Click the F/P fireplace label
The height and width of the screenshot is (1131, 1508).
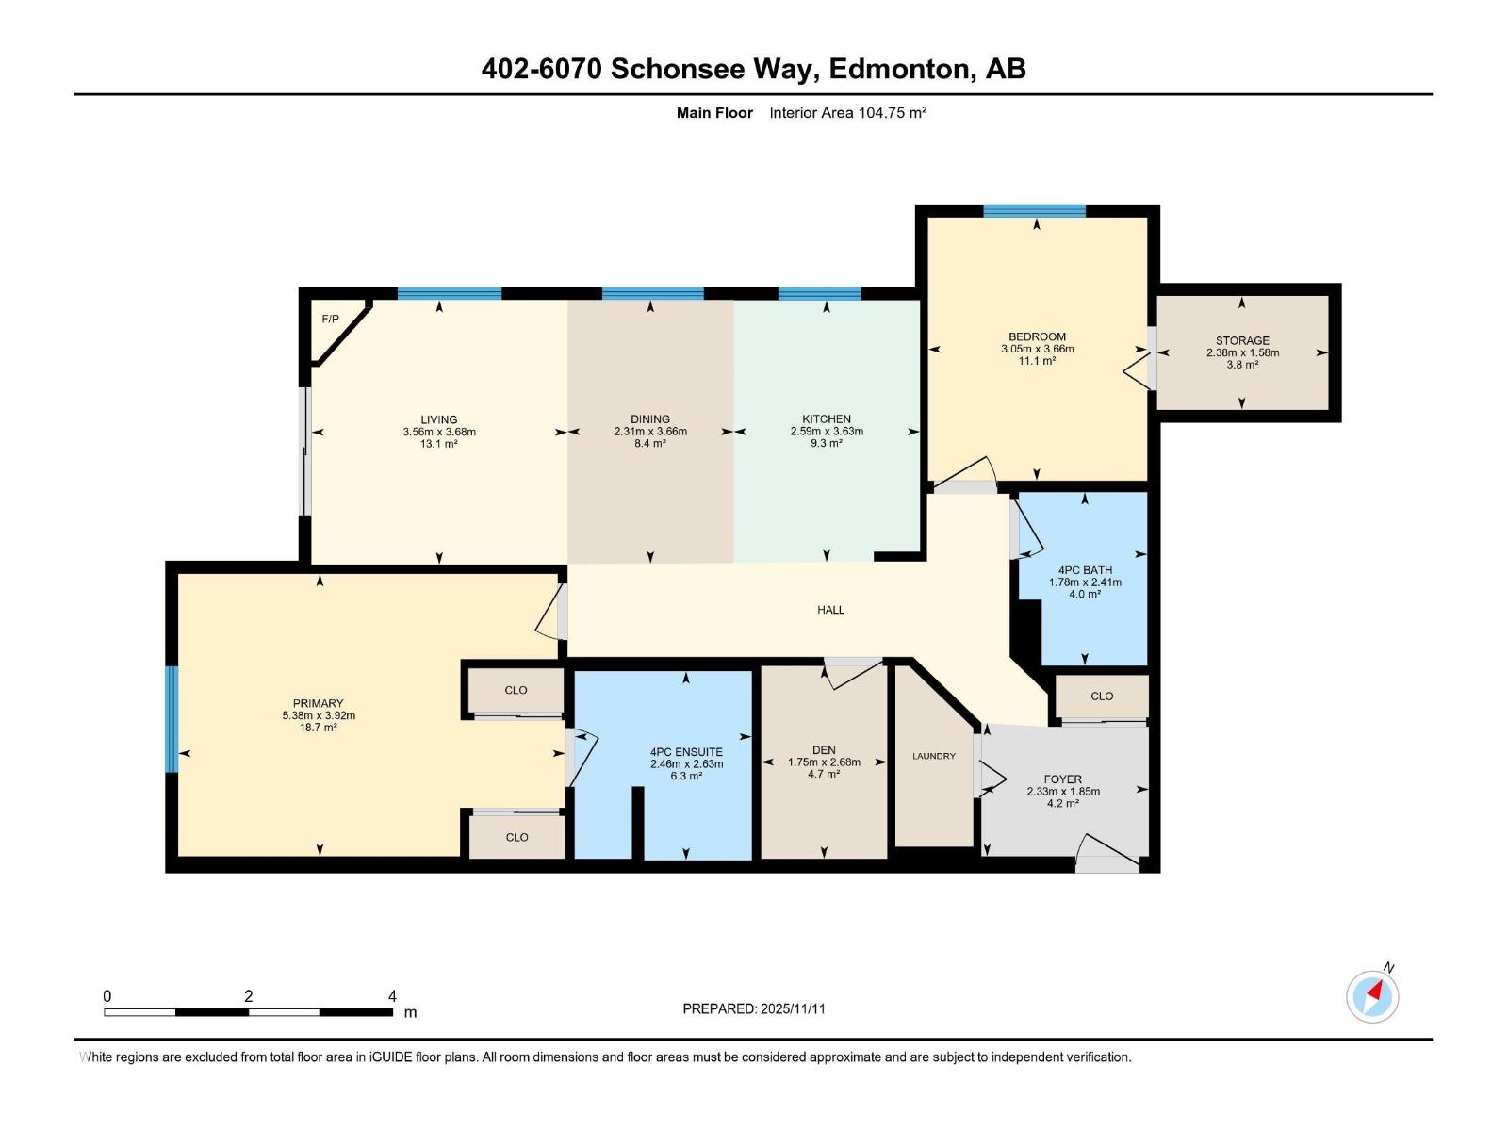330,320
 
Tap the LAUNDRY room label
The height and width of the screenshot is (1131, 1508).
933,756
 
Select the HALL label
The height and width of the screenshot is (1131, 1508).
830,610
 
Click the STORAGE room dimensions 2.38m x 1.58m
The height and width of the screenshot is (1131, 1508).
1242,352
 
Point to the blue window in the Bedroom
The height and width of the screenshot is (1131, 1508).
1034,211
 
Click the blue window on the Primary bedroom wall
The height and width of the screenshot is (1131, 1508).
172,719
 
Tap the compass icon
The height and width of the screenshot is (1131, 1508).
1372,997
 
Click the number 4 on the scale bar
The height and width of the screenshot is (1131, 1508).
392,996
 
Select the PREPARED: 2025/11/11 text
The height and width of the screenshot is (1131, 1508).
754,1008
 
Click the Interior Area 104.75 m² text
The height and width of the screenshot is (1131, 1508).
847,113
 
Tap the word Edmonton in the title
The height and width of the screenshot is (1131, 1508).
898,69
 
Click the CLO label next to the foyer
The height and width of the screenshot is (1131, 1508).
1101,697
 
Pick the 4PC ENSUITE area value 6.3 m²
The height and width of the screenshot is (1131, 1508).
686,777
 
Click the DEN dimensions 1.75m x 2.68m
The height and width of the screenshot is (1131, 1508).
824,762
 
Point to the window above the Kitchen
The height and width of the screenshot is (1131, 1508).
819,294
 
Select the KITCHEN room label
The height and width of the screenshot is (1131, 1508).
826,419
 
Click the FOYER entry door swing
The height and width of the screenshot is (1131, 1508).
1107,853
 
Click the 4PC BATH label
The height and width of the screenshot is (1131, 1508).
1085,570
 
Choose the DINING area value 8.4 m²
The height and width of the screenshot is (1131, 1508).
650,444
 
